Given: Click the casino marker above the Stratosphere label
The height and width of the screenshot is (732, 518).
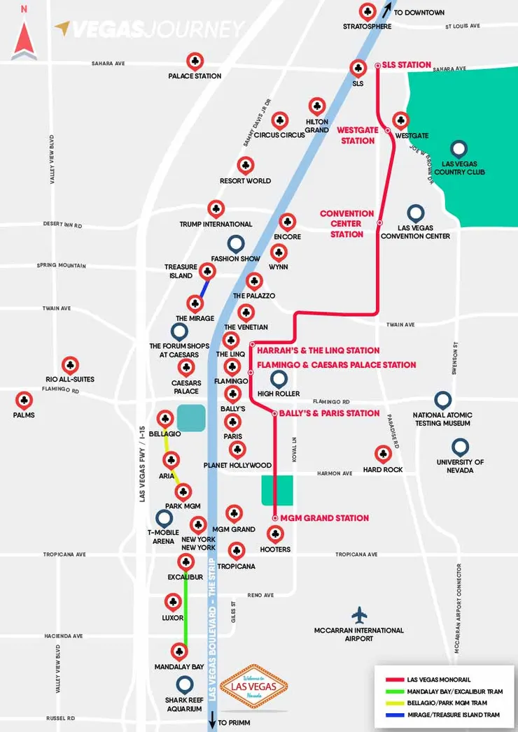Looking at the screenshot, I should [x=367, y=11].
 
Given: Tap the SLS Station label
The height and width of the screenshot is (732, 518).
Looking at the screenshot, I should [x=407, y=65].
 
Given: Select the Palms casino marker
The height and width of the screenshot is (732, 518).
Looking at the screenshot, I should [x=24, y=400].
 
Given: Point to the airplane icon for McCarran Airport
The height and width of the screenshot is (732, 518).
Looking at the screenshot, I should [x=360, y=615].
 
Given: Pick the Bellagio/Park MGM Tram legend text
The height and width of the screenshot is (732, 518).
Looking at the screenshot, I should [x=444, y=702].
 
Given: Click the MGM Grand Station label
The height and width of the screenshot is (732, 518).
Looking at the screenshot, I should [x=324, y=518].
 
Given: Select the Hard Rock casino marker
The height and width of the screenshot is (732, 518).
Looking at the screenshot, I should [x=382, y=454].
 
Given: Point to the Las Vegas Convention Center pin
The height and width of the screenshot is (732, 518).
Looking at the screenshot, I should [x=416, y=213].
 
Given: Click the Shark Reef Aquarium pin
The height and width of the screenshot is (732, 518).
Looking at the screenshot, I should [x=185, y=684].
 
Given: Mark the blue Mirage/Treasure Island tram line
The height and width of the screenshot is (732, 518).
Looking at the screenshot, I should [x=203, y=288].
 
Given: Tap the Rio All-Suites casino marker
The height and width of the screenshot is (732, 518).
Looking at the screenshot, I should [x=70, y=364].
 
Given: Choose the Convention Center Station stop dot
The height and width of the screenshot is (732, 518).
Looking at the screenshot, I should [x=379, y=223].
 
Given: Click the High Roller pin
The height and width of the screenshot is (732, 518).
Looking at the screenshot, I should [x=279, y=379].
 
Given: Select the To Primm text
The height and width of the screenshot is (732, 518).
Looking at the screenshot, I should [x=233, y=723].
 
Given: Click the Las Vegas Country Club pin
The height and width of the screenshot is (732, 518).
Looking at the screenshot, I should [x=459, y=148].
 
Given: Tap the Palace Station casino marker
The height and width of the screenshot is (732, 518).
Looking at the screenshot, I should [x=195, y=61].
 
